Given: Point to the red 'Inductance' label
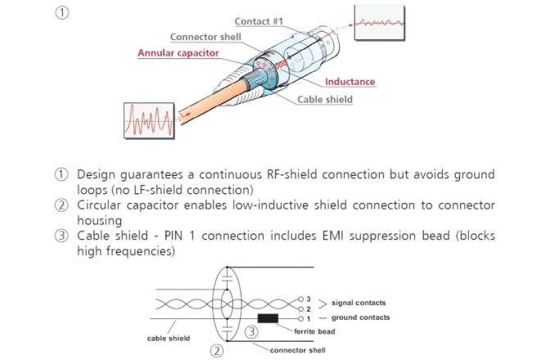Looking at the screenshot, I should tap(349, 82).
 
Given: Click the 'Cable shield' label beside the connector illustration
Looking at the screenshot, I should tap(325, 100).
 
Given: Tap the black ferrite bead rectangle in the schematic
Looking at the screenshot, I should tap(267, 317).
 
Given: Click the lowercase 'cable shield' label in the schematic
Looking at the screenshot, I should tap(169, 337).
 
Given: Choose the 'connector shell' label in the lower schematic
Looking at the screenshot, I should tap(298, 350).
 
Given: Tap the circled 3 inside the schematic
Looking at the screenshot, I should tap(253, 332).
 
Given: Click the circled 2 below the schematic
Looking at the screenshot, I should tap(217, 351).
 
